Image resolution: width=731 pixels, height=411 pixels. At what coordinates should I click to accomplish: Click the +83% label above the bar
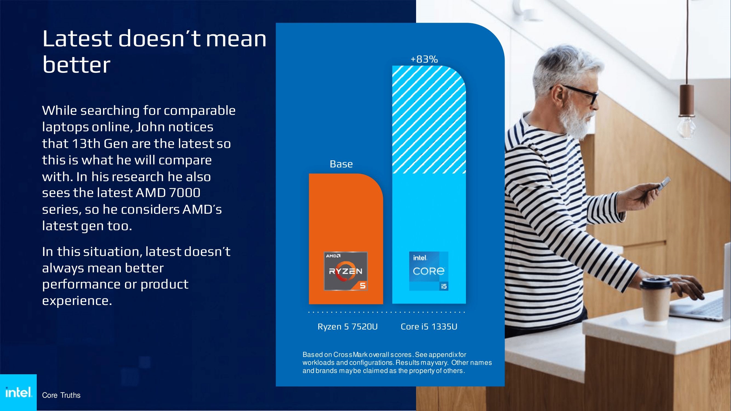coord(424,59)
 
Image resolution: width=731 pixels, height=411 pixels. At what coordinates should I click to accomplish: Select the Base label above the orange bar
coord(341,164)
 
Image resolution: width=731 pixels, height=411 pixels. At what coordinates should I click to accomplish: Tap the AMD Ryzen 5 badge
coord(346,271)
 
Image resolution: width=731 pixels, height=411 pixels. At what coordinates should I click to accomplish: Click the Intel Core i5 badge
coord(429,271)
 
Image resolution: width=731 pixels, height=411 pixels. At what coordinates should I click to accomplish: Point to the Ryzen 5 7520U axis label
coord(348,327)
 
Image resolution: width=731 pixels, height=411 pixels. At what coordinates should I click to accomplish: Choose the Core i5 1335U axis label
coord(429,327)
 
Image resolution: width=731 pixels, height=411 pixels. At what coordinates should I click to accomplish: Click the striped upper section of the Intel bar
coord(429,119)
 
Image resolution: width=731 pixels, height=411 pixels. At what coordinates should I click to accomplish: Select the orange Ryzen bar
coord(346,239)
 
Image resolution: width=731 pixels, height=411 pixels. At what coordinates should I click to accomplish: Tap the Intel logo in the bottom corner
coord(18,392)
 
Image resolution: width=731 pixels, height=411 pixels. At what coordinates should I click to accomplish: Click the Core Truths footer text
coord(61,395)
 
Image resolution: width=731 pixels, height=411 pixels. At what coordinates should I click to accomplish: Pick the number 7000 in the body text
coord(184,193)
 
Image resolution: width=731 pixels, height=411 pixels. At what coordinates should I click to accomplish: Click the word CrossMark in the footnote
coord(350,355)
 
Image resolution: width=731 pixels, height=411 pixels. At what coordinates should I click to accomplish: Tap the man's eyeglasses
coord(579,94)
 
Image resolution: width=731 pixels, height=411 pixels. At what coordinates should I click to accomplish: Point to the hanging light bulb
coord(686,128)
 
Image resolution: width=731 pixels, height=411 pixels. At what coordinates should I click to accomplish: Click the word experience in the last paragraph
coord(77,301)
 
